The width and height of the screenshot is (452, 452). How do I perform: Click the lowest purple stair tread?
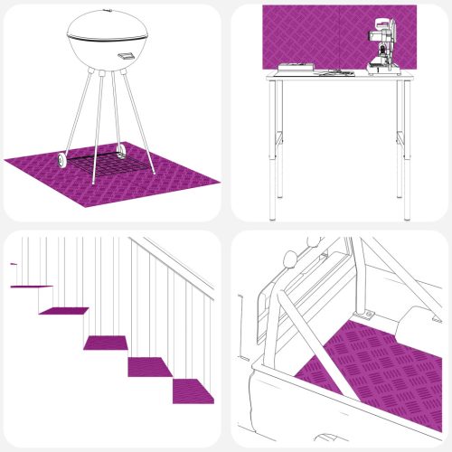coord(195,391)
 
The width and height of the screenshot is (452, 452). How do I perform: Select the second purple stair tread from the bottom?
coord(149,367)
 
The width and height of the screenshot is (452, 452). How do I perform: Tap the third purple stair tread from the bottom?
coord(107,342)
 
